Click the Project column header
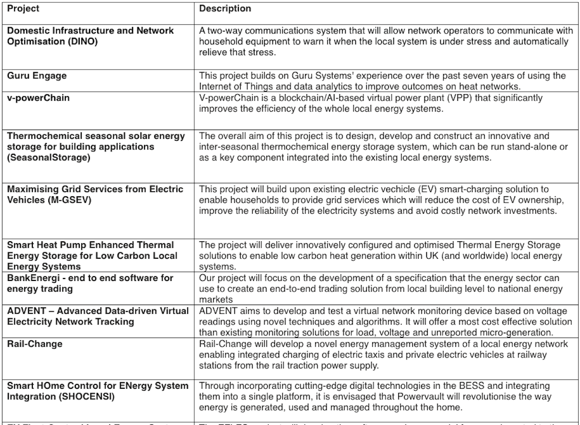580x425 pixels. click(23, 9)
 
